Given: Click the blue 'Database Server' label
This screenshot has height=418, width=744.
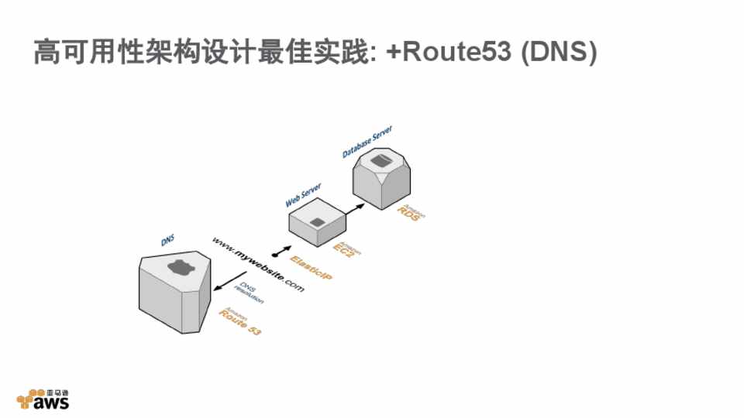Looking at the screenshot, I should click(x=367, y=142).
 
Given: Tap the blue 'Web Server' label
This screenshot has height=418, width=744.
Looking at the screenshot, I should click(x=303, y=194).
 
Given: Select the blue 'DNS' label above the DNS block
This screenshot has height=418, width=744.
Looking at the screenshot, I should click(x=167, y=242).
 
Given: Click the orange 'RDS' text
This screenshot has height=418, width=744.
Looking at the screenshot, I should click(x=408, y=214).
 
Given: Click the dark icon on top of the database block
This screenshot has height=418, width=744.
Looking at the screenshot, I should click(x=381, y=160).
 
